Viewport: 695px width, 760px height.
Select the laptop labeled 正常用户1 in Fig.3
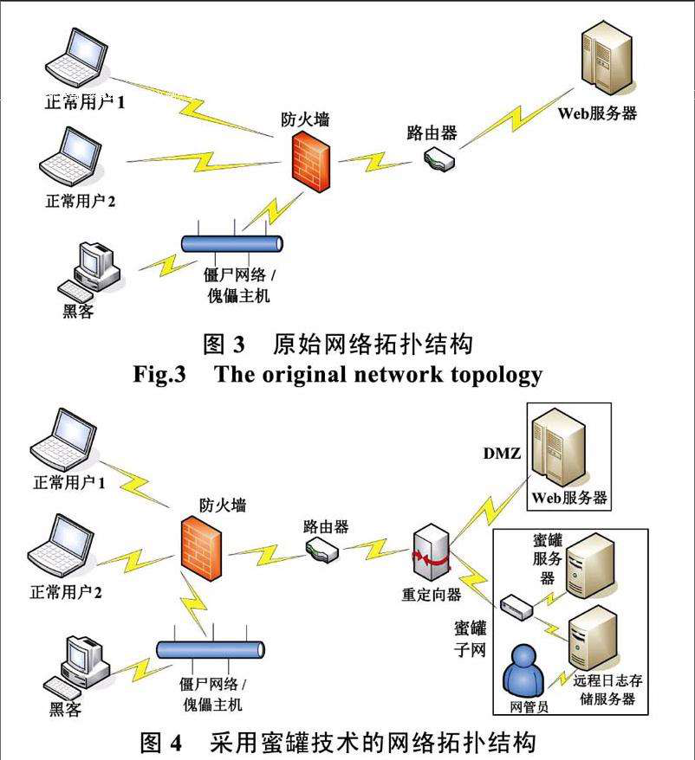tap(78, 61)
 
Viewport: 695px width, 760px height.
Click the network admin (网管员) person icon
tap(526, 670)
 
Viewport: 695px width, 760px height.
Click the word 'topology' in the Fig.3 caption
tap(491, 374)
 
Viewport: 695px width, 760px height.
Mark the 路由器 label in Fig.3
tap(432, 132)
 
